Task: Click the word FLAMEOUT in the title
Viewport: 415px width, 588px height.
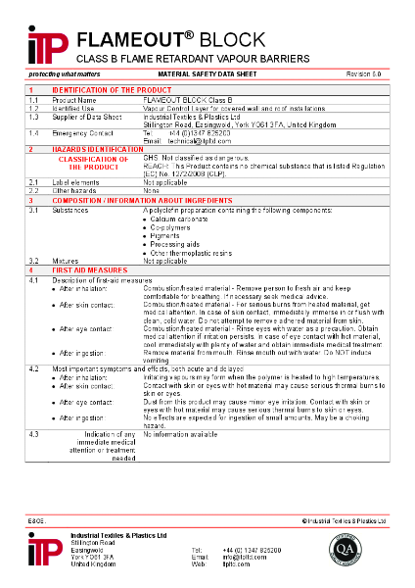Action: point(126,40)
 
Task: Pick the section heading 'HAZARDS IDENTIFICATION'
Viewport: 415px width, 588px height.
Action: point(97,148)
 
